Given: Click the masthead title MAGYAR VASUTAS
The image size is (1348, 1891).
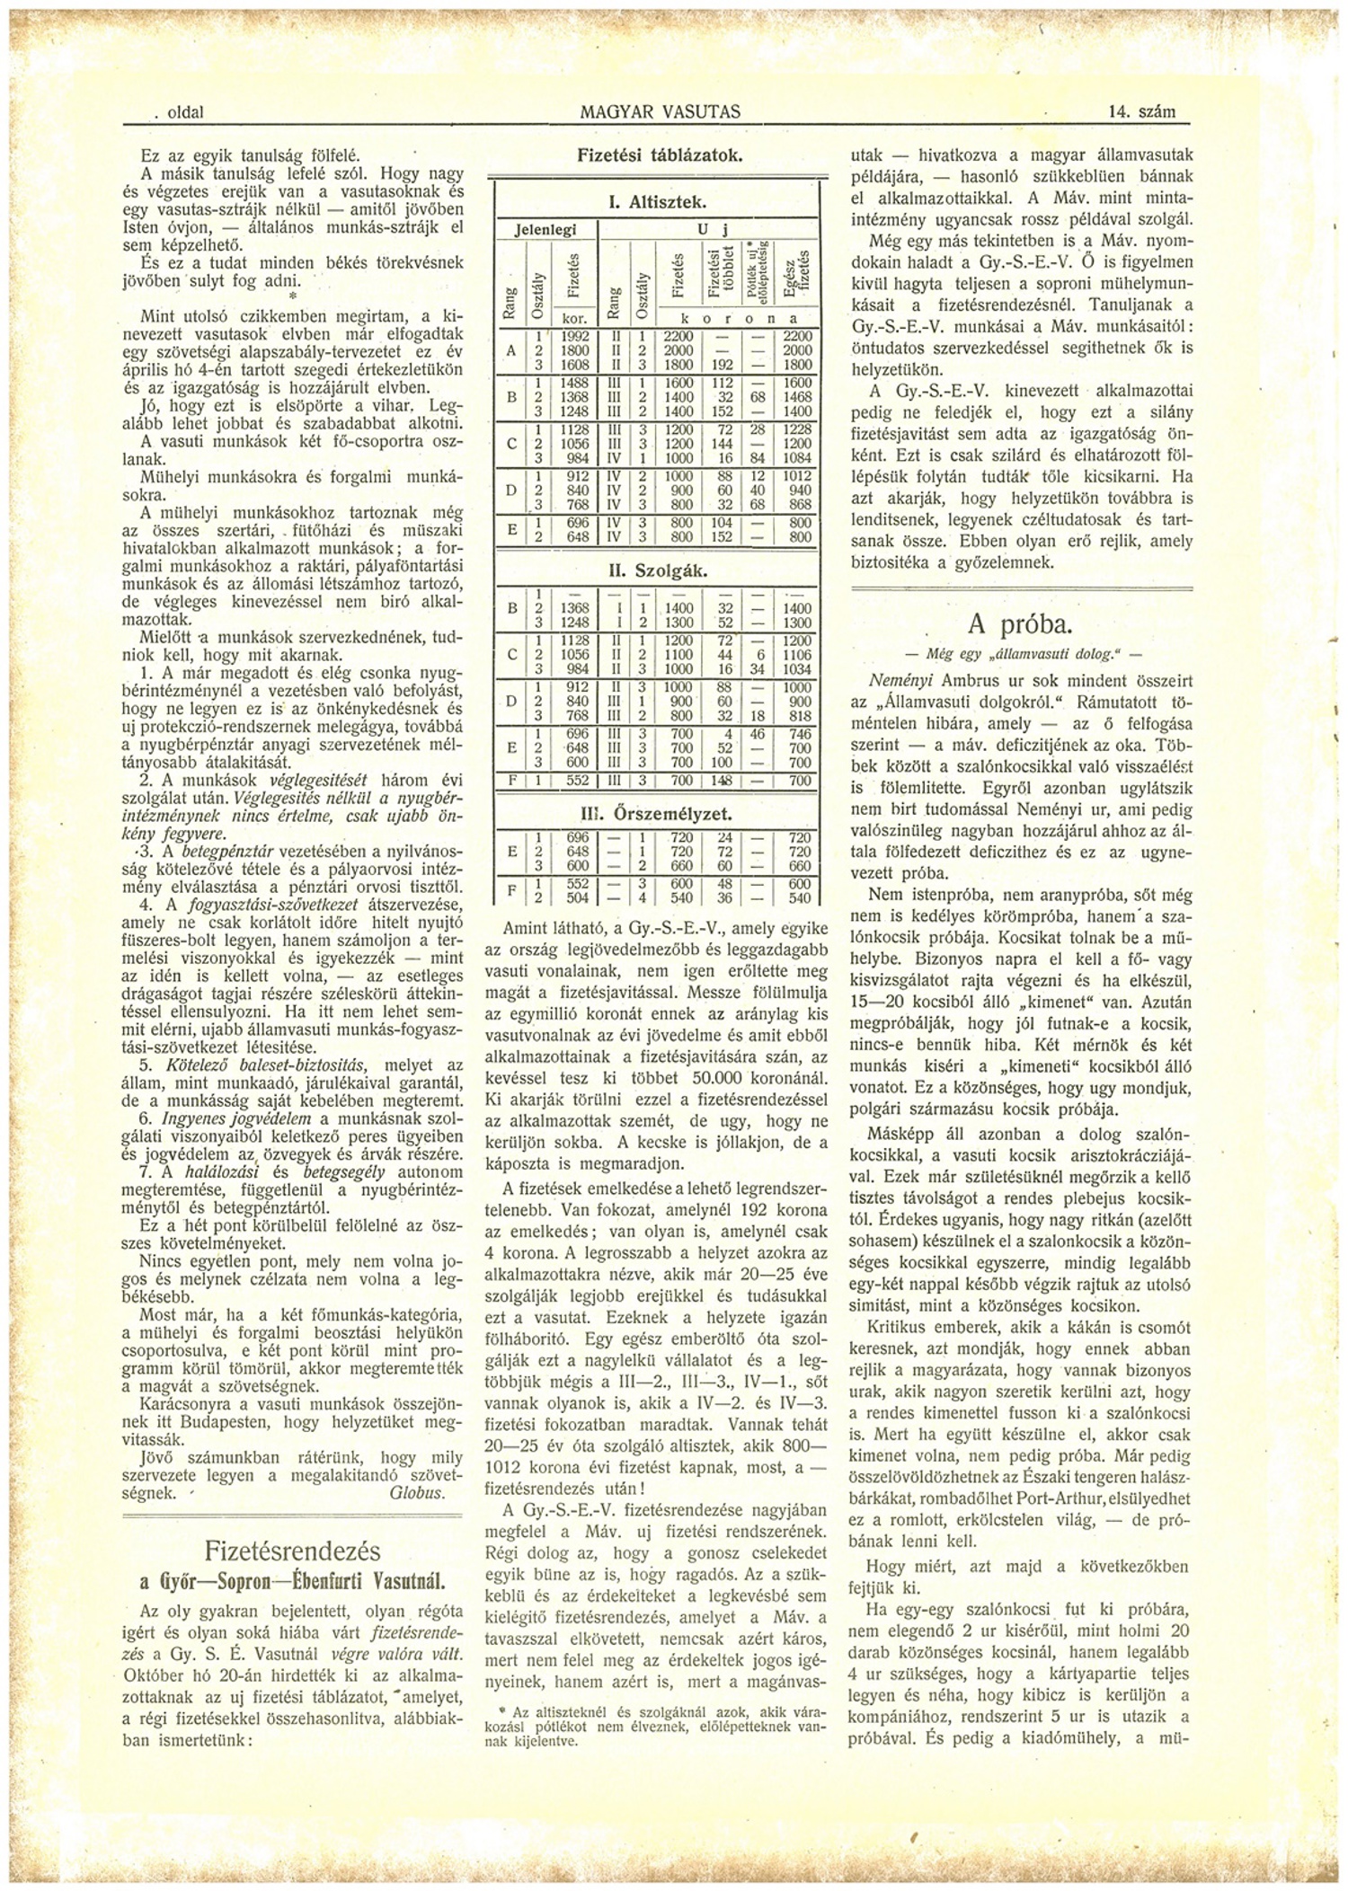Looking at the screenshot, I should (x=661, y=112).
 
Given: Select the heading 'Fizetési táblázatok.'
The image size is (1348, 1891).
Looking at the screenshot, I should (x=660, y=155).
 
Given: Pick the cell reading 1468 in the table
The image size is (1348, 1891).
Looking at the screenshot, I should (x=798, y=395).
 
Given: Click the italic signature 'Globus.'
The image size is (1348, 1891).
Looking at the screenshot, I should (x=416, y=1492).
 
